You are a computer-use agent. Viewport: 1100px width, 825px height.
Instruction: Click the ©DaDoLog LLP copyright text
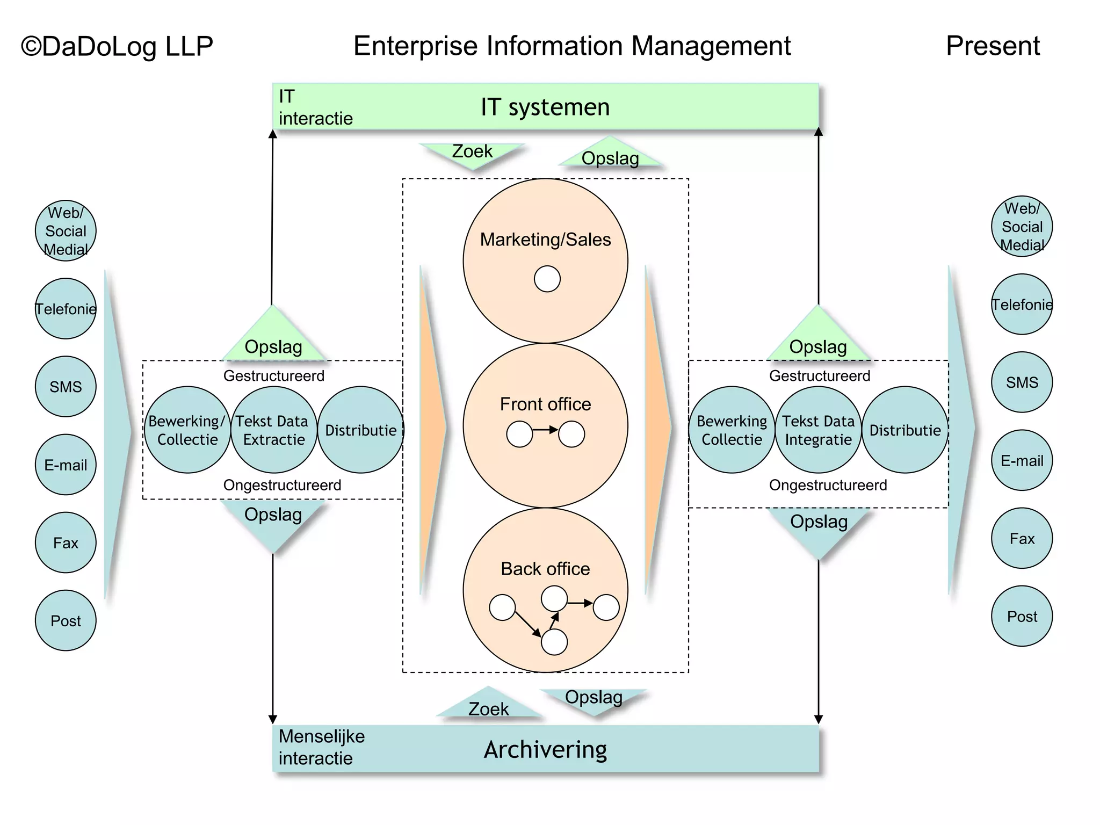[x=117, y=47]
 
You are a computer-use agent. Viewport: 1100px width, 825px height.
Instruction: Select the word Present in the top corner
[x=992, y=46]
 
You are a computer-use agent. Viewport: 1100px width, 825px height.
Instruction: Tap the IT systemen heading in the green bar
[x=545, y=107]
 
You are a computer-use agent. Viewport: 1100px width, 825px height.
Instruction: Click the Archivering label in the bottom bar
[x=545, y=749]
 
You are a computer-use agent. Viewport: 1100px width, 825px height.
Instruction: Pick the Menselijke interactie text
[x=321, y=747]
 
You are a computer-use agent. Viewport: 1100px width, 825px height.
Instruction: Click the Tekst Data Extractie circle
[x=273, y=430]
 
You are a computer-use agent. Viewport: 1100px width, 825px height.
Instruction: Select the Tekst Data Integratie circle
[x=818, y=430]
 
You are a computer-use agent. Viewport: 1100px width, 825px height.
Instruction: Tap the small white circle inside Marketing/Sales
[x=547, y=279]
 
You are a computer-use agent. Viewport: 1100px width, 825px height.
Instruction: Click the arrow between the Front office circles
[x=545, y=430]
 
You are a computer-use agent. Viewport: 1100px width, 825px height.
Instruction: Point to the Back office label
[x=545, y=569]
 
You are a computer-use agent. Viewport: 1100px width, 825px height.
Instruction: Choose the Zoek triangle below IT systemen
[x=472, y=153]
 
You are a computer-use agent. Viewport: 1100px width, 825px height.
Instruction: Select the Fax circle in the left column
[x=66, y=542]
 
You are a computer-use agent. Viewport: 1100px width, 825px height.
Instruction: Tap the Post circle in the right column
[x=1022, y=616]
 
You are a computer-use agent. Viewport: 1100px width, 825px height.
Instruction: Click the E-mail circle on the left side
[x=66, y=465]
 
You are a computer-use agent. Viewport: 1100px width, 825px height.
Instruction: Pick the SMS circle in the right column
[x=1022, y=382]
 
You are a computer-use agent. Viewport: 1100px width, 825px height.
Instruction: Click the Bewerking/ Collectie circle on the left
[x=187, y=430]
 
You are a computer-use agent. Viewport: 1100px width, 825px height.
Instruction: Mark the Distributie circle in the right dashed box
[x=905, y=430]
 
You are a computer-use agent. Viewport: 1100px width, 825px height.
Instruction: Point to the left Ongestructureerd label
[x=282, y=485]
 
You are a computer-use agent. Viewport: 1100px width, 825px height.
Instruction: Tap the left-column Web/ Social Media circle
[x=66, y=231]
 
